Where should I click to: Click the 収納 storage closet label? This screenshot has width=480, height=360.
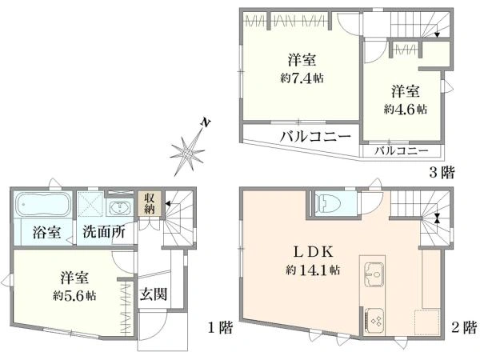pyautogui.click(x=149, y=203)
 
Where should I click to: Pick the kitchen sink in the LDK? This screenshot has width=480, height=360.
pyautogui.click(x=374, y=275)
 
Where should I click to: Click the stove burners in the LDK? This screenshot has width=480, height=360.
pyautogui.click(x=374, y=321)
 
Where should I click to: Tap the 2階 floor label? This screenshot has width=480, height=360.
pyautogui.click(x=463, y=326)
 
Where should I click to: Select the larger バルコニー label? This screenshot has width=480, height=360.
pyautogui.click(x=315, y=137)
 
